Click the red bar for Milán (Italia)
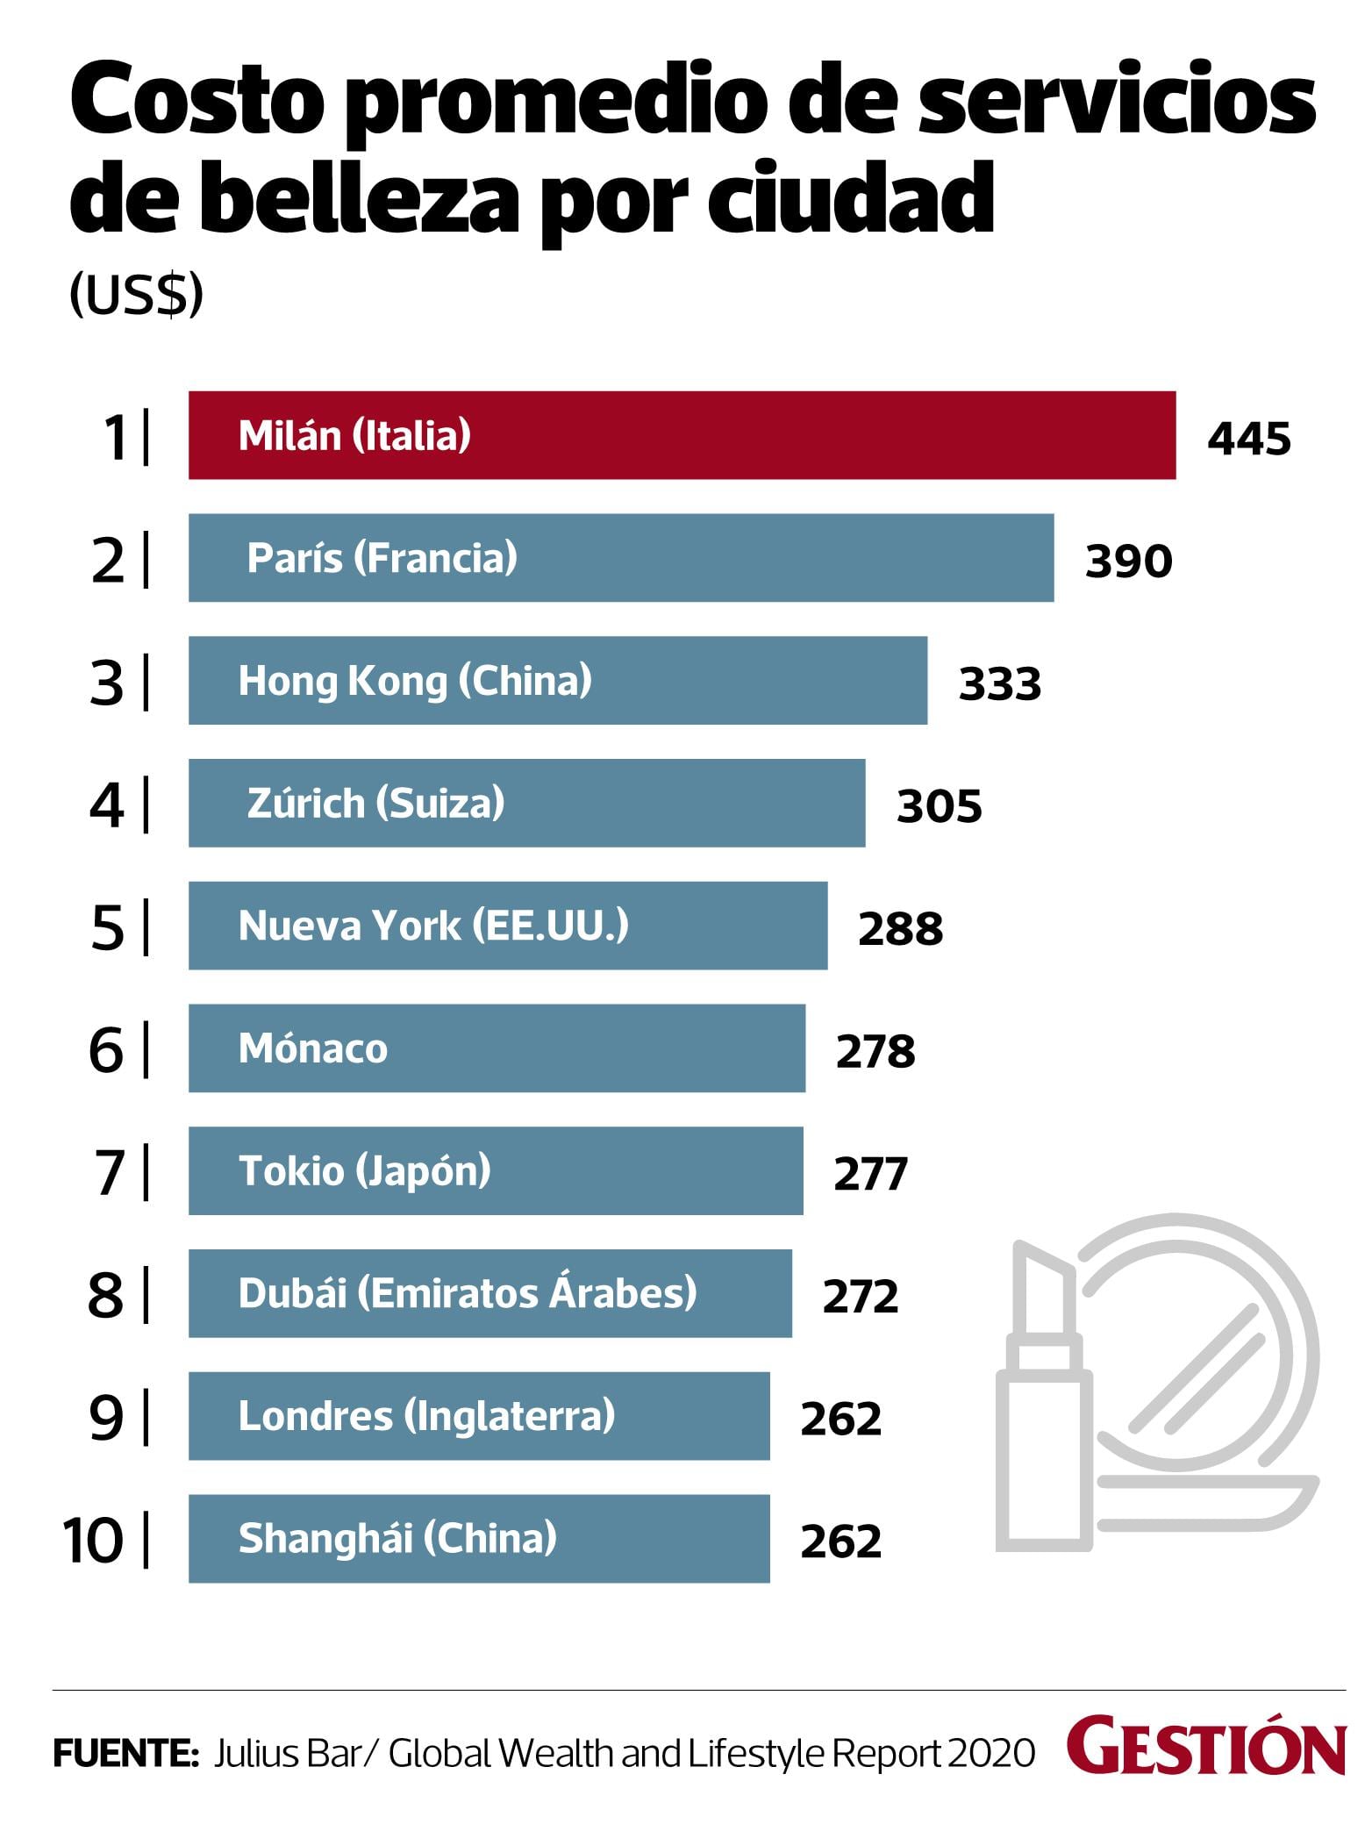[682, 435]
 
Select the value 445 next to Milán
[1249, 439]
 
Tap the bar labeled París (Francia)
[620, 558]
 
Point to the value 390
[1128, 562]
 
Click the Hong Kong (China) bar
[557, 681]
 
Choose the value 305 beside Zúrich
[939, 806]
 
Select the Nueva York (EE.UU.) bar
[507, 926]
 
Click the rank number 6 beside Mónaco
[106, 1050]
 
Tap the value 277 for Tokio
[870, 1174]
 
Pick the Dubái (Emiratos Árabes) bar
[489, 1293]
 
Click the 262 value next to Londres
[840, 1419]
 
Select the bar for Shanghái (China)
[478, 1539]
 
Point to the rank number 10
[92, 1541]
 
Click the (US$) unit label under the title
[136, 295]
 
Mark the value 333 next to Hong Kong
[1000, 684]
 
